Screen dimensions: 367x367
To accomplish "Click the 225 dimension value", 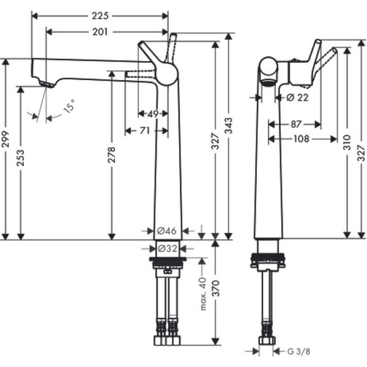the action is click(100, 16).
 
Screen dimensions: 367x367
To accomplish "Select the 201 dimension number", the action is click(100, 32).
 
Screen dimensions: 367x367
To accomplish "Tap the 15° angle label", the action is click(70, 106).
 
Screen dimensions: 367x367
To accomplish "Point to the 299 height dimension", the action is click(5, 139).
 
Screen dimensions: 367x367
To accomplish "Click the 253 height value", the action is click(20, 158).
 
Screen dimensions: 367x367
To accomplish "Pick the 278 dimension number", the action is click(111, 155).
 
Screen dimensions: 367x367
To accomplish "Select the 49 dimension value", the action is click(153, 114).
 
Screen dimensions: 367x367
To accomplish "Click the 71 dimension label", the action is click(144, 131).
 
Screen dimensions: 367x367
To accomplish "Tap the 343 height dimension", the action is click(228, 125).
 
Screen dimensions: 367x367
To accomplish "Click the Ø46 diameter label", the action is click(166, 231).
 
